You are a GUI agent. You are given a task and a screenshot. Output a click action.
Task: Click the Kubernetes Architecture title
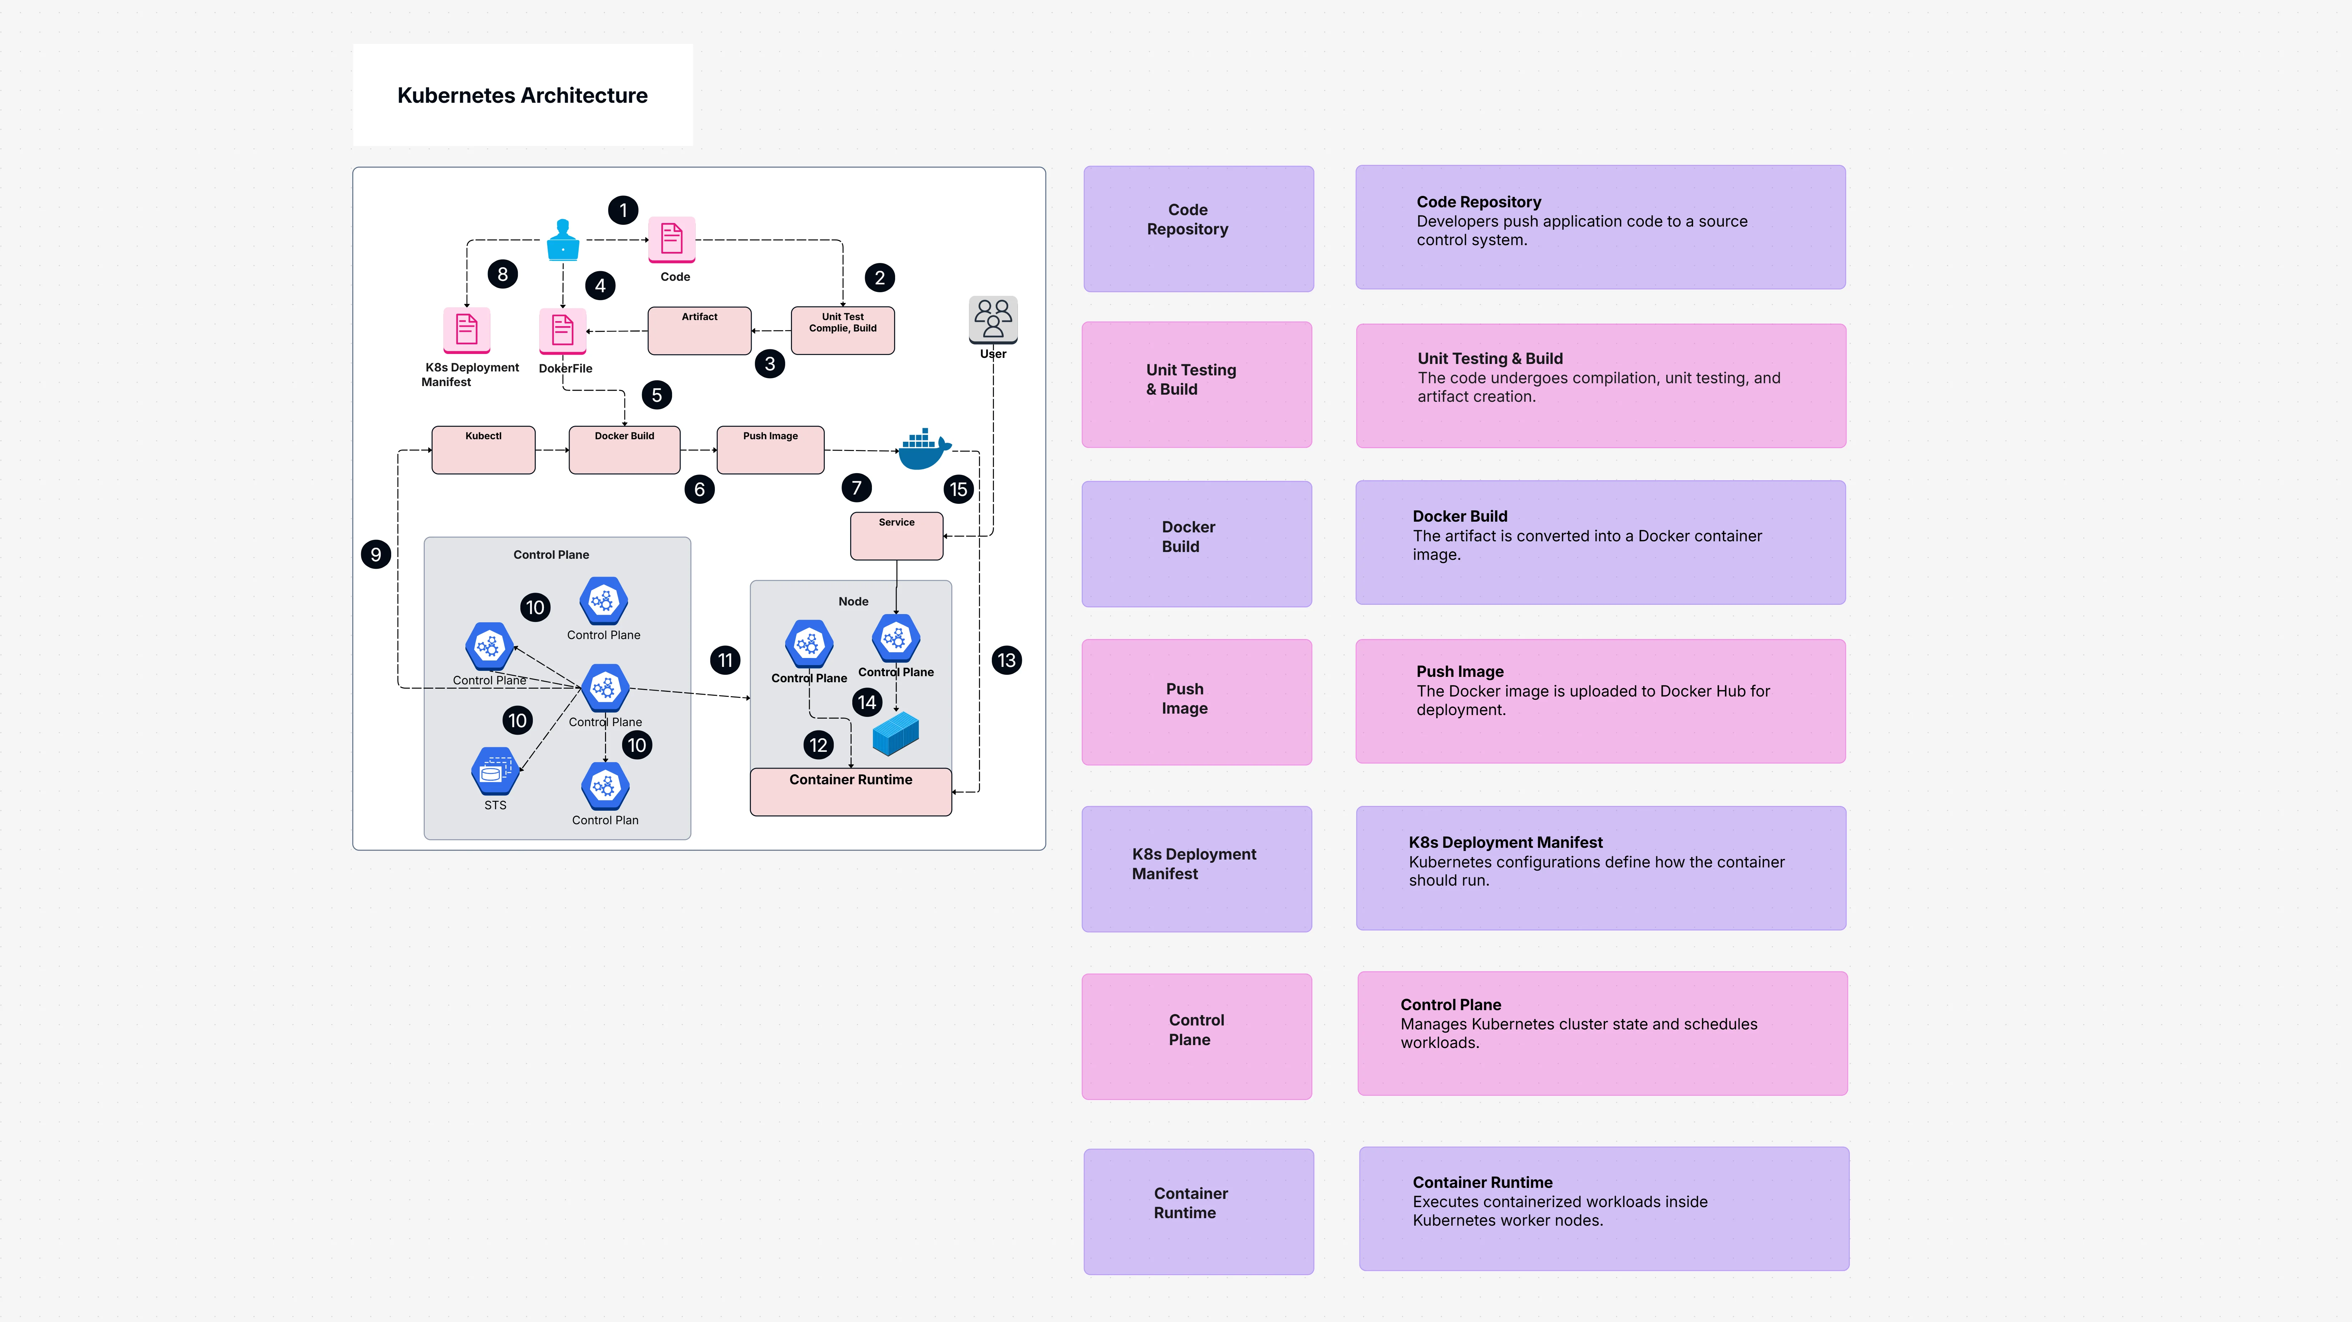pos(522,95)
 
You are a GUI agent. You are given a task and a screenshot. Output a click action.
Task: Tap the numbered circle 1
pos(624,210)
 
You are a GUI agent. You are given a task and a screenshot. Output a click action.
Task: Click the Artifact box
pos(700,330)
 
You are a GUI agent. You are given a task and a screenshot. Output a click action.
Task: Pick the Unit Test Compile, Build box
pos(843,330)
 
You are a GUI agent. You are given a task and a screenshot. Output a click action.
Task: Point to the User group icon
pos(993,319)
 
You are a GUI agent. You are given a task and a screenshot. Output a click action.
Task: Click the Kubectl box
pos(483,450)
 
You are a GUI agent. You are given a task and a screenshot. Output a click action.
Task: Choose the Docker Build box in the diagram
pos(625,450)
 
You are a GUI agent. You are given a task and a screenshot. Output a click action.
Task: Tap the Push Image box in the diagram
pos(771,450)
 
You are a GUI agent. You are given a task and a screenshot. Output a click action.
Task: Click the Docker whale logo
pos(924,448)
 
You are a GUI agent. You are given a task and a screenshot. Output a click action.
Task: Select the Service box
pos(897,536)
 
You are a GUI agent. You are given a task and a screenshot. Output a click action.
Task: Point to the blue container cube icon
pos(896,733)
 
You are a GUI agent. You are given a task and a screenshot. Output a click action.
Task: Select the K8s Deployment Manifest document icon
pos(466,330)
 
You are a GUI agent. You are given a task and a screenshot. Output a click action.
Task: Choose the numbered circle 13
pos(1006,660)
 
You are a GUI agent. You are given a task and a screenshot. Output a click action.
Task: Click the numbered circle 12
pos(818,745)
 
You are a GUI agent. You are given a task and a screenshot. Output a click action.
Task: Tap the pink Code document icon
pos(672,239)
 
